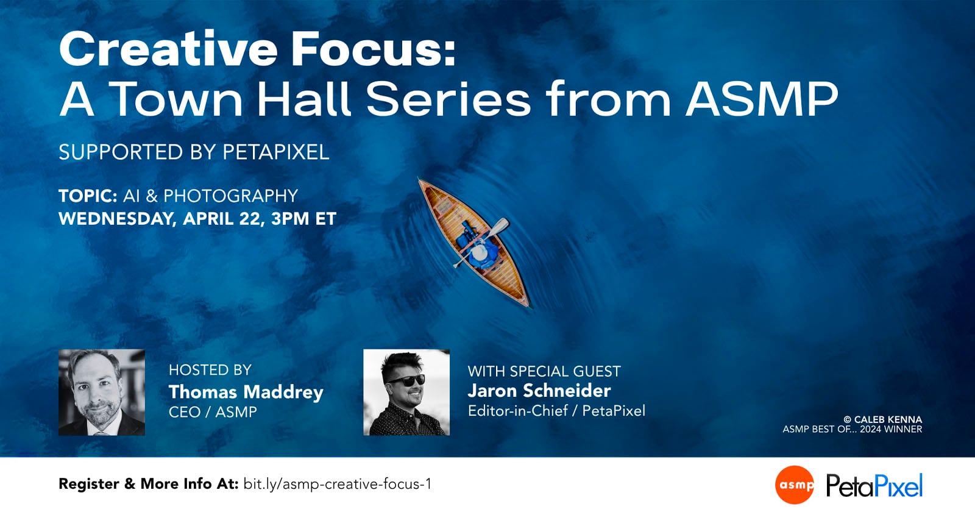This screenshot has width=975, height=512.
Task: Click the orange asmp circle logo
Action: (x=795, y=485)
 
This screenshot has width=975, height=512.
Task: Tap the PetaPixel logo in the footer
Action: (x=874, y=486)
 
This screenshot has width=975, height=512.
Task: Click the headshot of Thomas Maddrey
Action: (x=102, y=392)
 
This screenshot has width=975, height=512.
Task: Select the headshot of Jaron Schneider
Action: (x=406, y=392)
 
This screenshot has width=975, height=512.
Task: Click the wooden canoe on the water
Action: (x=474, y=242)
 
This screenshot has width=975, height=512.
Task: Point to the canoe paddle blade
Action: (x=500, y=226)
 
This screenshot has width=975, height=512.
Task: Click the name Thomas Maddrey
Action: (x=246, y=391)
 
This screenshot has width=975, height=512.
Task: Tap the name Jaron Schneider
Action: (x=539, y=390)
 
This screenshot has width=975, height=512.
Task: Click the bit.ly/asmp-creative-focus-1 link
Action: (x=337, y=484)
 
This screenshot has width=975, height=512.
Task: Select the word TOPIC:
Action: (x=88, y=196)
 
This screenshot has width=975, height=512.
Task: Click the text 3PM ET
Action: (x=303, y=218)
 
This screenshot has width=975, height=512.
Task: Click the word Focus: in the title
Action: (x=373, y=49)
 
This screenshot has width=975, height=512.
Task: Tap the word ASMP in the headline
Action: (x=762, y=99)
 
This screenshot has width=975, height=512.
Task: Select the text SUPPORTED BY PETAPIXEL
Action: (x=194, y=152)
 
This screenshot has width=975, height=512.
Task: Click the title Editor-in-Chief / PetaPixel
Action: (x=556, y=411)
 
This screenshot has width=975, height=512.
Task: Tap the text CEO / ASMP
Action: (x=213, y=412)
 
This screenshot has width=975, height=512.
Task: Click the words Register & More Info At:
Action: (x=148, y=484)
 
